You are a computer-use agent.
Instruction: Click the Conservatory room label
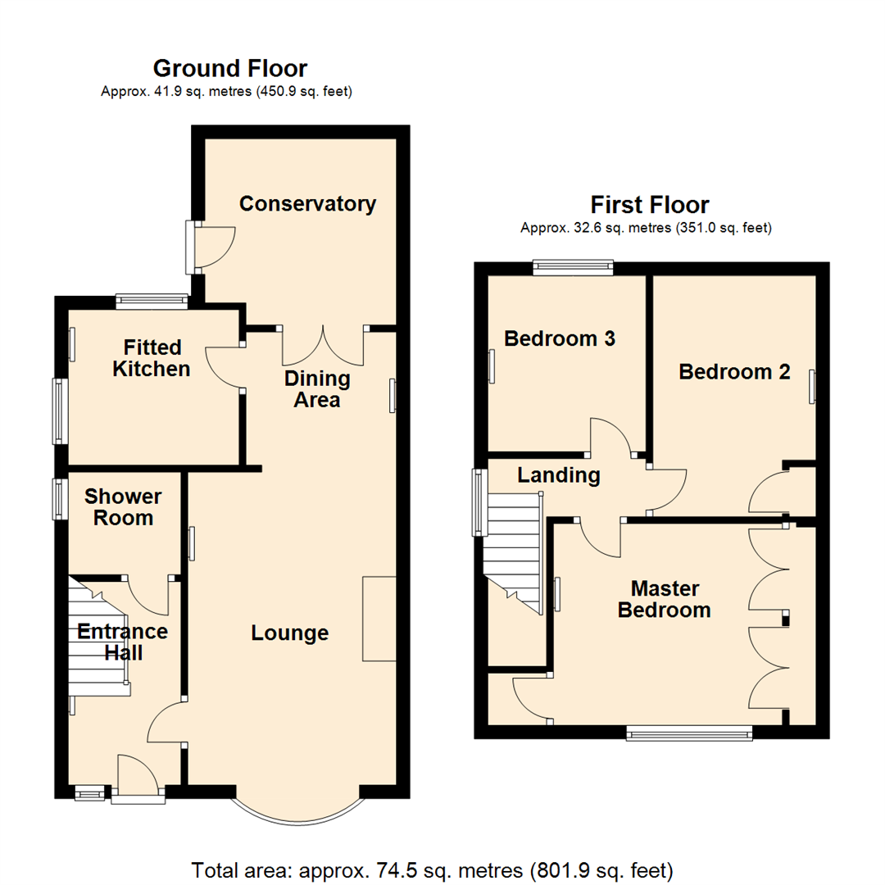point(307,203)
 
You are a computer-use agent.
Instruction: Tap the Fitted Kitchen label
point(152,358)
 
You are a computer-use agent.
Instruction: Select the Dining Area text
point(317,390)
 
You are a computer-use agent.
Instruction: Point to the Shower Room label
point(123,507)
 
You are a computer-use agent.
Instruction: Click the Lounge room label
point(289,633)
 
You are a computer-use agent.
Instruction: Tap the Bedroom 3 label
point(560,338)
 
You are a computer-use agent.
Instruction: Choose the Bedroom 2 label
point(734,372)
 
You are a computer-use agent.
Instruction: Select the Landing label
point(560,475)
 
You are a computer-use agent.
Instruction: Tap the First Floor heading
point(650,204)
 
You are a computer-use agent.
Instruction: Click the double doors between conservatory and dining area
point(323,344)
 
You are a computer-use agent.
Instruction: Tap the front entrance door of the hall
point(135,778)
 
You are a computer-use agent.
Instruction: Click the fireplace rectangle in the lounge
point(379,619)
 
